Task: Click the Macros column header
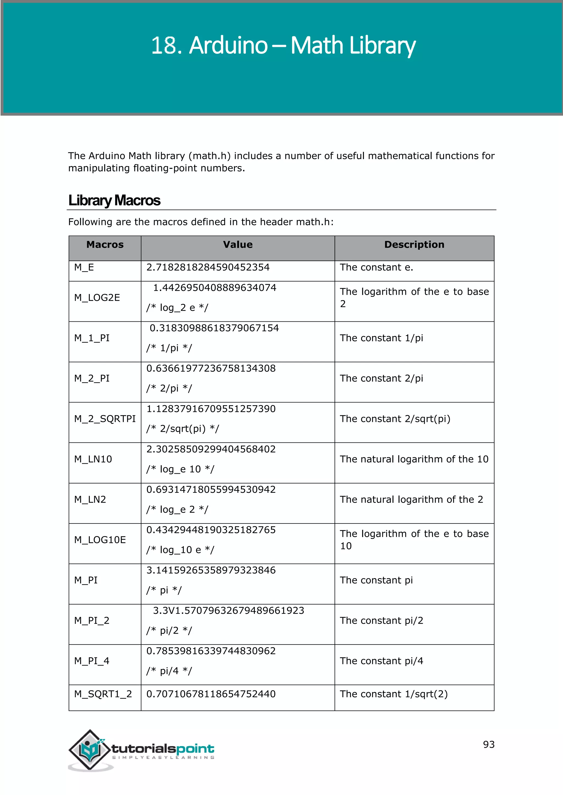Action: [x=105, y=244]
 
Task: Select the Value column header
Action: [x=238, y=244]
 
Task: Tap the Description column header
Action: [x=414, y=244]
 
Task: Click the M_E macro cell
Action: [x=84, y=267]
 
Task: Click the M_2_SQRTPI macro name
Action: [x=105, y=419]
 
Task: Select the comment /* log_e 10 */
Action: [x=180, y=469]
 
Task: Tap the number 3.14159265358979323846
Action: [x=211, y=570]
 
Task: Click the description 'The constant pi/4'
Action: [x=381, y=661]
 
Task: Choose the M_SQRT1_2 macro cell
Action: [x=103, y=694]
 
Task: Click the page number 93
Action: [x=489, y=744]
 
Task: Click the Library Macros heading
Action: [x=114, y=200]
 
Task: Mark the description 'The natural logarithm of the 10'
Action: [x=414, y=459]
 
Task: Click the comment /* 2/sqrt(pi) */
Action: [x=183, y=429]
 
